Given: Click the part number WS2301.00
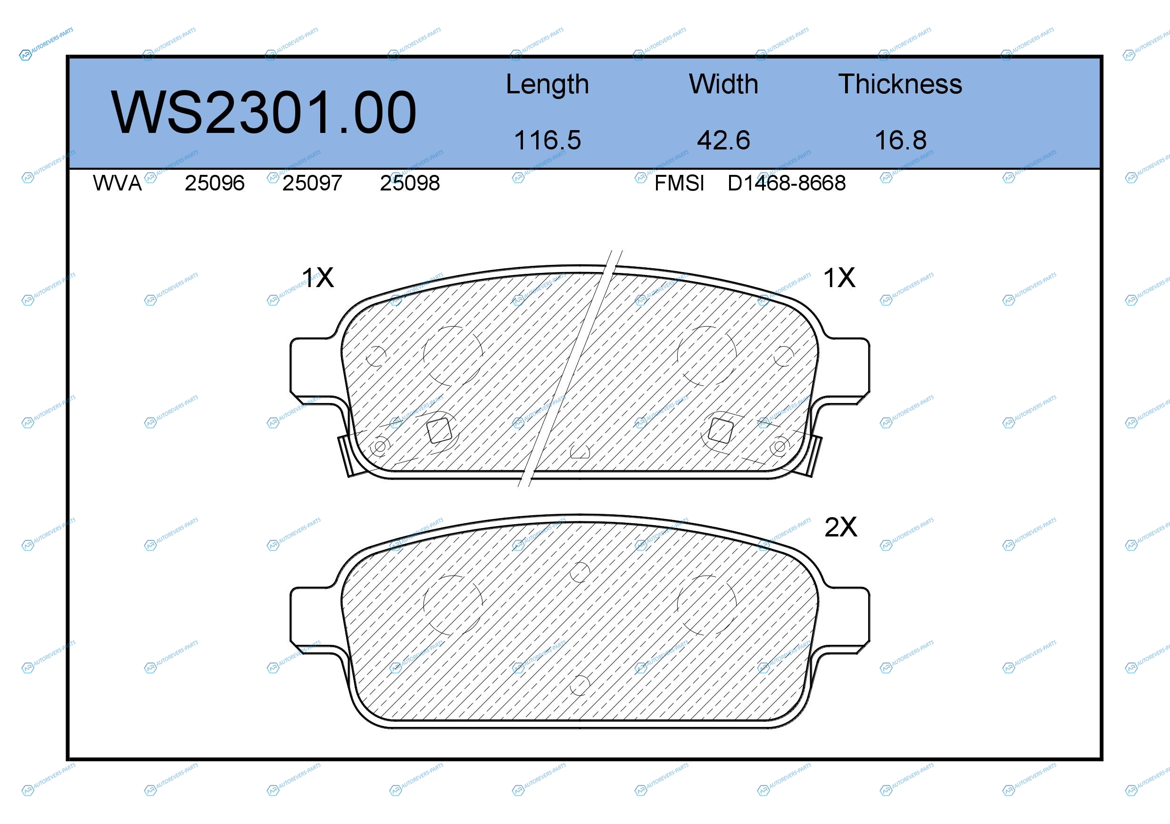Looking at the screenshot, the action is pos(264,113).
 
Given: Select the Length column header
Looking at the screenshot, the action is pos(548,84).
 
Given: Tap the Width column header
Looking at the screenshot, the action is pos(723,84).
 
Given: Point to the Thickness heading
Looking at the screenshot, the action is pos(900,84).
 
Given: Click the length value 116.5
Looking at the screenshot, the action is pos(548,140).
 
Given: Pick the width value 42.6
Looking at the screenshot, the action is pos(723,140).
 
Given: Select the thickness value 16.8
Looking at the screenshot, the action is pos(900,140).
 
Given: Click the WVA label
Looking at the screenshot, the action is pos(117,183).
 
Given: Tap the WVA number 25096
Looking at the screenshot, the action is pos(215,183).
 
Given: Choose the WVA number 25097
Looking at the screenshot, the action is pos(312,183).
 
